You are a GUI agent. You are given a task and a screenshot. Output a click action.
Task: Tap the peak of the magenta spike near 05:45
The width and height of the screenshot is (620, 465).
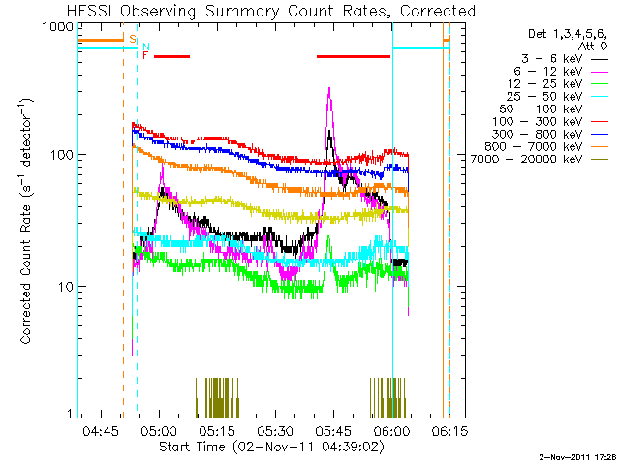[x=329, y=89]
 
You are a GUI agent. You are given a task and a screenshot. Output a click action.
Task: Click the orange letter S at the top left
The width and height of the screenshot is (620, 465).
[x=132, y=39]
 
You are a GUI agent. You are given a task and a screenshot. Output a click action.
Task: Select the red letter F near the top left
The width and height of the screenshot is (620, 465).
[x=146, y=55]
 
